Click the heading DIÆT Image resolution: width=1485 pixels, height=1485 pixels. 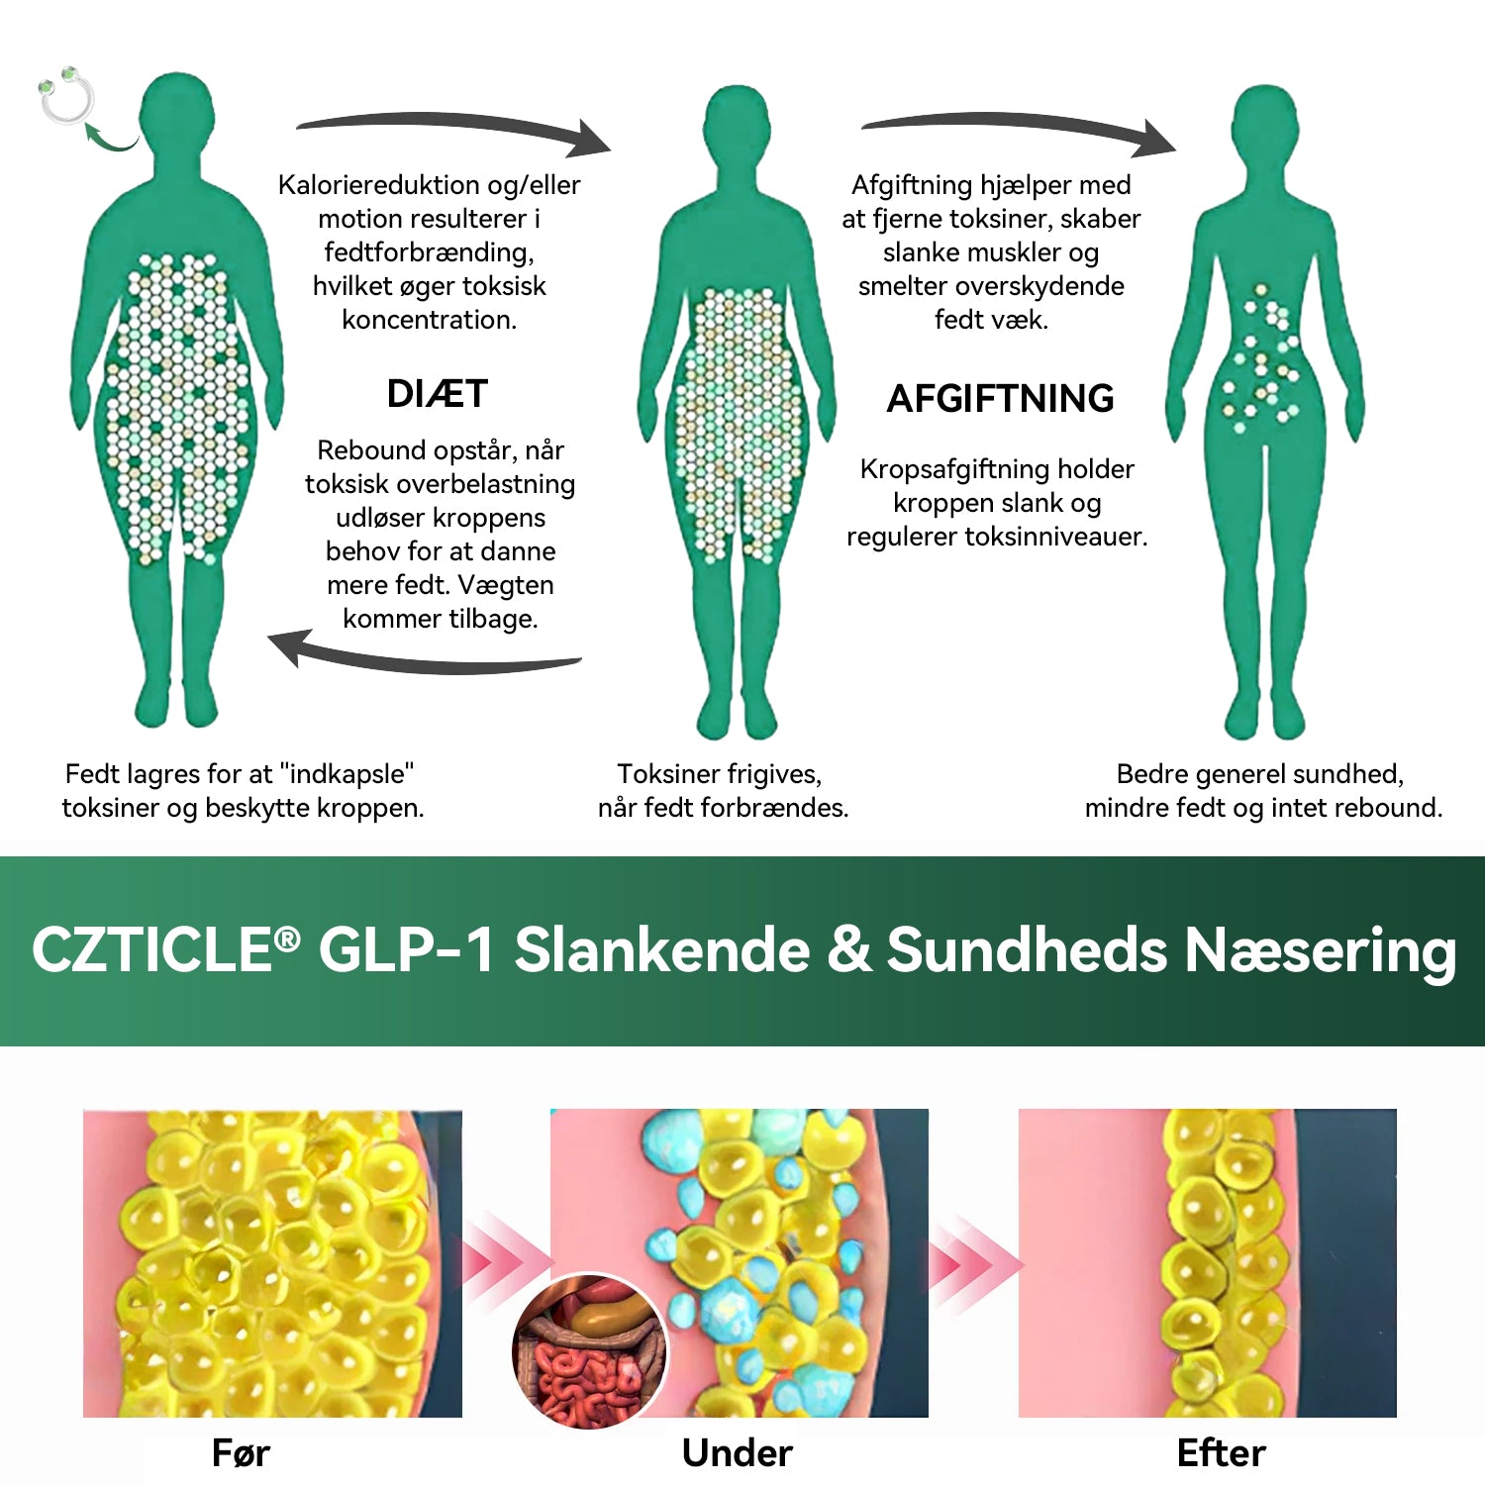437,394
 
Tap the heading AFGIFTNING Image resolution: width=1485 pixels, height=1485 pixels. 1000,399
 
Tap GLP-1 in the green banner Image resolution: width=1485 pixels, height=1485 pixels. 406,949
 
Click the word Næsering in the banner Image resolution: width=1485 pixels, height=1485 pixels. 1321,951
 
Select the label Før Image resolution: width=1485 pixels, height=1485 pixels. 241,1453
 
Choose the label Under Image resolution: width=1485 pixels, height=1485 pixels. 738,1453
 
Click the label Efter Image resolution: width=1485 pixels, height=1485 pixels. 1222,1453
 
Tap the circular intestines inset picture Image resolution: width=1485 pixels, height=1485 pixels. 590,1351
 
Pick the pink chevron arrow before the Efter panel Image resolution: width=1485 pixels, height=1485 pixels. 974,1263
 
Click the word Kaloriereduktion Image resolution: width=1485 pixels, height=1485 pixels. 378,185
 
